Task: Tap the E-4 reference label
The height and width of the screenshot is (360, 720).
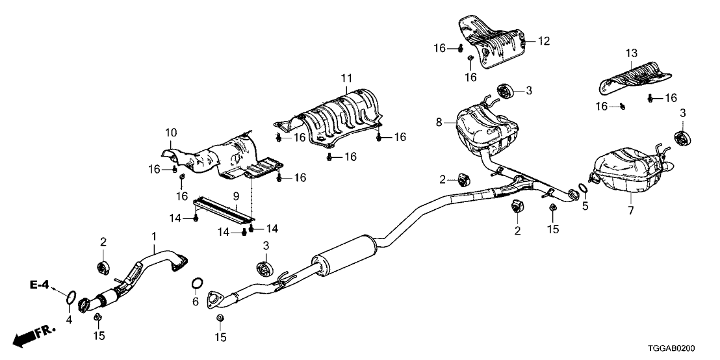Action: pos(39,285)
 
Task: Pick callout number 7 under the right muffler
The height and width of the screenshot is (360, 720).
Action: pos(630,210)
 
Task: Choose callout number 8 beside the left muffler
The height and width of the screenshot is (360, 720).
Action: pos(439,121)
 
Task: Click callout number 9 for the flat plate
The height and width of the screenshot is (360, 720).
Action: pos(236,196)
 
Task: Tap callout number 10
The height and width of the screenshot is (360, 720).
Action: pos(171,133)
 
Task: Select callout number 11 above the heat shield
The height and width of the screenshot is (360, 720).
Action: pos(345,79)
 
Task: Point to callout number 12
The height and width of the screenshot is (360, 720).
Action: pos(543,42)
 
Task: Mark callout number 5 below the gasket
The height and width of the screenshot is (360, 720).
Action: pos(585,207)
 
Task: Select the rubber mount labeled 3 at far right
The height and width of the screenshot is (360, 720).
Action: pos(682,138)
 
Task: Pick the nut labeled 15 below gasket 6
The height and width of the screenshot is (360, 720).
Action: pos(219,318)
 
